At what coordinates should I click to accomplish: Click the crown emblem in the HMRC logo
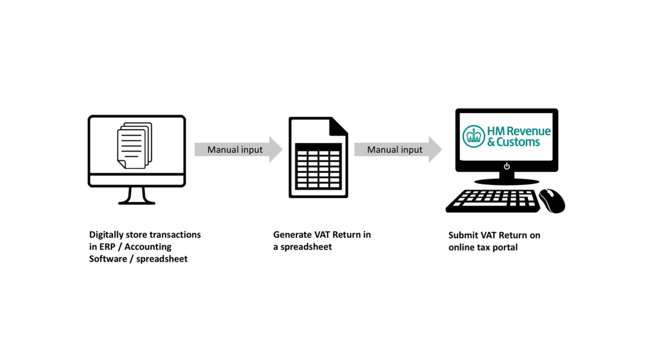(474, 136)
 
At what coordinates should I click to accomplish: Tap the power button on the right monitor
(507, 166)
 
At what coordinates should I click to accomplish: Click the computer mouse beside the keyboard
(552, 201)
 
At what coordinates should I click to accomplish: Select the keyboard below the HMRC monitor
(493, 201)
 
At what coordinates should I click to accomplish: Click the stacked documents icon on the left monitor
(134, 145)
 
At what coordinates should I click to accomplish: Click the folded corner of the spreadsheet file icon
(338, 126)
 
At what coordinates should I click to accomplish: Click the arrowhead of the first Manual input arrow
(275, 150)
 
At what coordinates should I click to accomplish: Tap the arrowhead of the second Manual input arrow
(435, 150)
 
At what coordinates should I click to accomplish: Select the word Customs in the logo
(518, 142)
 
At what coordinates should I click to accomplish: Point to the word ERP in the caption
(107, 247)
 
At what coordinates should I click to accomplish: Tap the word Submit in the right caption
(463, 235)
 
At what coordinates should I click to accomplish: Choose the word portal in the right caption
(505, 248)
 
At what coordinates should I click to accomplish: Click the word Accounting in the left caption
(148, 247)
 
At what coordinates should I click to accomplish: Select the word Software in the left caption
(108, 259)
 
